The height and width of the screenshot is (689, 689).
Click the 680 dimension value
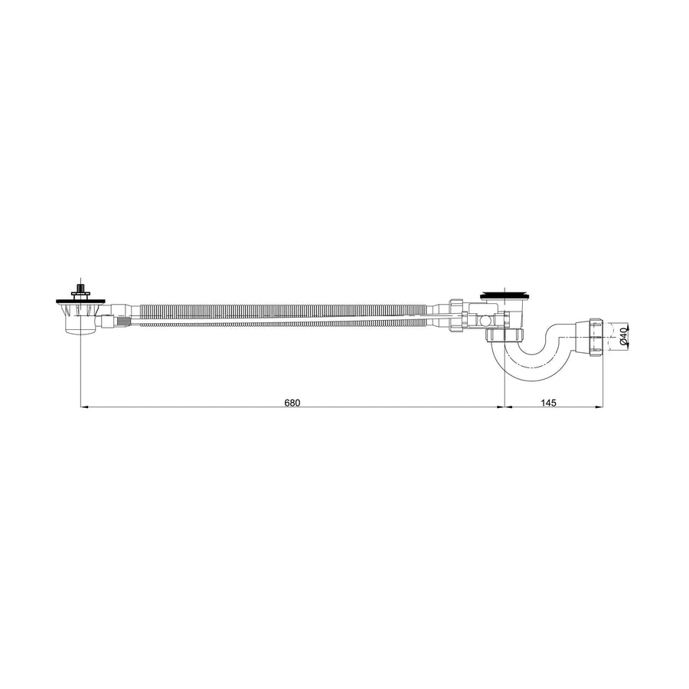tap(292, 403)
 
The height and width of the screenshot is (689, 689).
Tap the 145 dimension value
tap(548, 403)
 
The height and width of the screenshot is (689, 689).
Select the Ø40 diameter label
tap(624, 335)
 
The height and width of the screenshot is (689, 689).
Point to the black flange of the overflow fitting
tap(81, 302)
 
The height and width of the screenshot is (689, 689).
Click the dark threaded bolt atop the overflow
tap(80, 287)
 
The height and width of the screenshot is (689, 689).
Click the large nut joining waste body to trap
tap(505, 335)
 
